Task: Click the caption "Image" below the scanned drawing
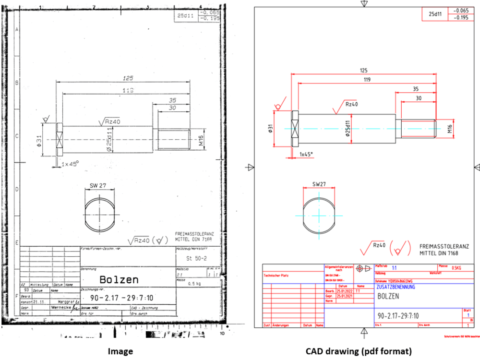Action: [120, 351]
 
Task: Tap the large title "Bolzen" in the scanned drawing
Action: [119, 279]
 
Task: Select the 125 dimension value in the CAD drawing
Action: [363, 71]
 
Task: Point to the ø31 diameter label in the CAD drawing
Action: [271, 129]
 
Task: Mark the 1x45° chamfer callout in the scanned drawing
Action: [70, 164]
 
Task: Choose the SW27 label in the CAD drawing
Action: [319, 184]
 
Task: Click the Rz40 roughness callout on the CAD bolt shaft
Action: [351, 104]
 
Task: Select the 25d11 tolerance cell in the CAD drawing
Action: [434, 14]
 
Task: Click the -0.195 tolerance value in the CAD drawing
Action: [461, 17]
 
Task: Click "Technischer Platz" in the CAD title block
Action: [276, 275]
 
